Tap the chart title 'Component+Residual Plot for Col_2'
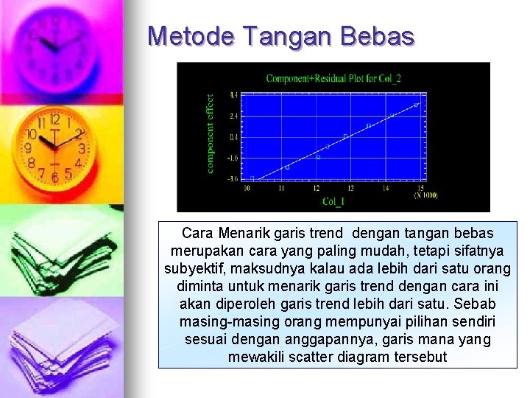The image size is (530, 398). pyautogui.click(x=333, y=78)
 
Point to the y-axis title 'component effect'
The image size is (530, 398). pyautogui.click(x=211, y=133)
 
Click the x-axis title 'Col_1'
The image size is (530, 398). pyautogui.click(x=333, y=201)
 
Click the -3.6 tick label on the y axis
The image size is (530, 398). pyautogui.click(x=232, y=179)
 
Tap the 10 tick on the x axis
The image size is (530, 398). pyautogui.click(x=247, y=189)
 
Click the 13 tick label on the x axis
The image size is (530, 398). pyautogui.click(x=350, y=189)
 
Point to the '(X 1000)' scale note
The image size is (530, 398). pyautogui.click(x=425, y=195)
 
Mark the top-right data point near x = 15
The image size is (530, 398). pyautogui.click(x=416, y=105)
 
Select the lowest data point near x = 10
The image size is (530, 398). pyautogui.click(x=252, y=178)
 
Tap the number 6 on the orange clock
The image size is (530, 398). pyautogui.click(x=54, y=178)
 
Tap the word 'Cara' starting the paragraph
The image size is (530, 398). pyautogui.click(x=197, y=234)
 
